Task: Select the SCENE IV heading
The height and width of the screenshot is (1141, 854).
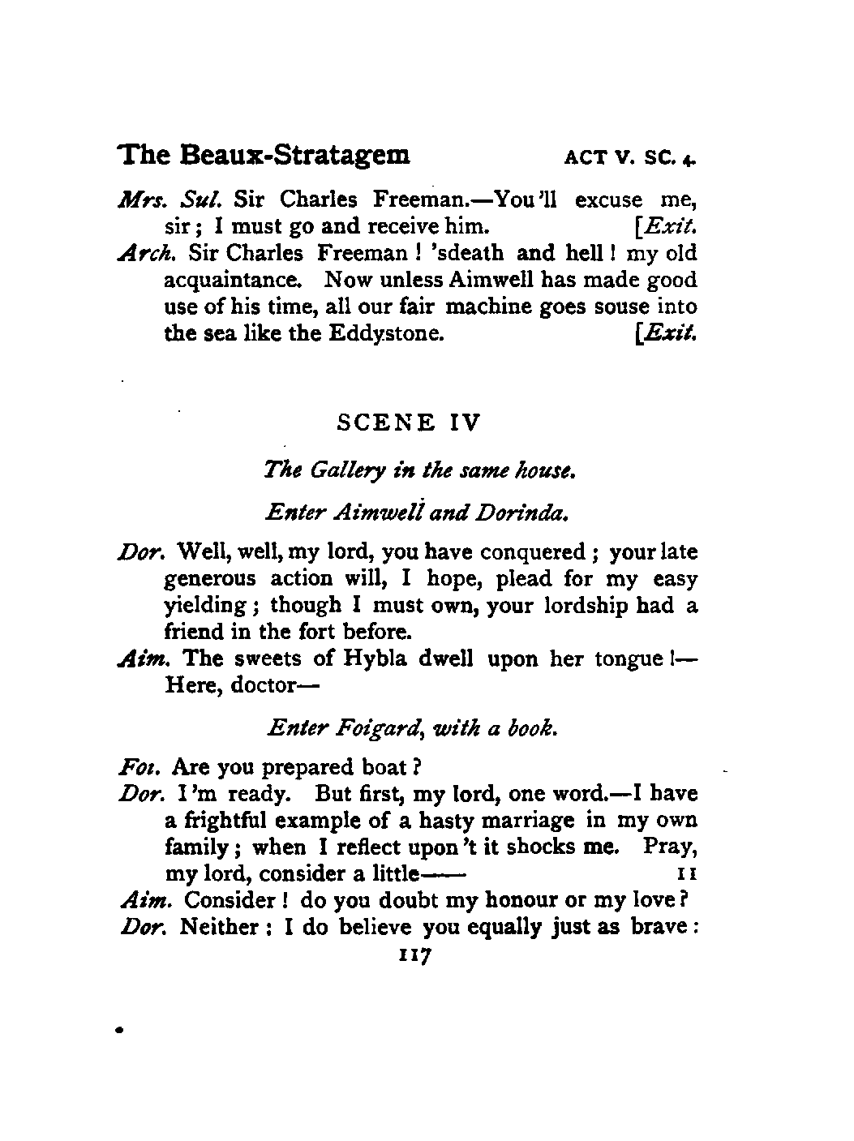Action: pyautogui.click(x=408, y=423)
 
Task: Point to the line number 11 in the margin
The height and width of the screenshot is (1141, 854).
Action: pyautogui.click(x=684, y=874)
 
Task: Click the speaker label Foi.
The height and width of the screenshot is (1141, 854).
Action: pyautogui.click(x=133, y=766)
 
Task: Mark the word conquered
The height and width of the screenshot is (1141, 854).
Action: pyautogui.click(x=532, y=553)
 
